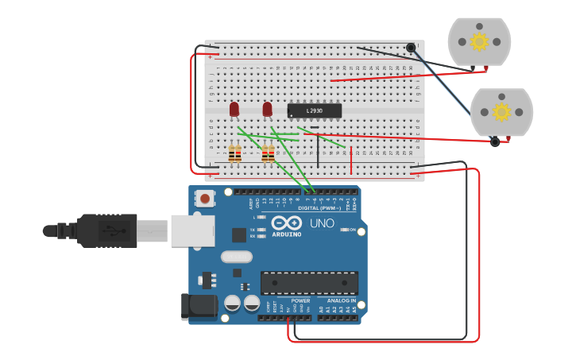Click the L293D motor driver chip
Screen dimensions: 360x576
click(315, 111)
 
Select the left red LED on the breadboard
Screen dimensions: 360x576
click(234, 109)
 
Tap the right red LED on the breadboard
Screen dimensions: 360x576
click(267, 109)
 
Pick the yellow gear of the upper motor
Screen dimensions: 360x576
click(478, 41)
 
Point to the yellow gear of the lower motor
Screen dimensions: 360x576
click(501, 112)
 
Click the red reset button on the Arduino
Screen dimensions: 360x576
click(205, 199)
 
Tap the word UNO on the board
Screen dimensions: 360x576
click(322, 223)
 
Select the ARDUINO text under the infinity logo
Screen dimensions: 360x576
click(287, 234)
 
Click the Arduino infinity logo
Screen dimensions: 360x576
click(287, 223)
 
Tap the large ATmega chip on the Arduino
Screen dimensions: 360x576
click(309, 283)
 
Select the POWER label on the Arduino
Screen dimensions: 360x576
click(300, 301)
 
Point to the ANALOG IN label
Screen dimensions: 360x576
click(342, 301)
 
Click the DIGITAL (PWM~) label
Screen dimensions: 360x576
click(326, 208)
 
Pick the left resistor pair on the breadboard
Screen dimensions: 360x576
click(234, 153)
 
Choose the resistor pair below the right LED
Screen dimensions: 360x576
click(269, 153)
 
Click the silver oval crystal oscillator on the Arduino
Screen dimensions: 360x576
click(236, 257)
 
